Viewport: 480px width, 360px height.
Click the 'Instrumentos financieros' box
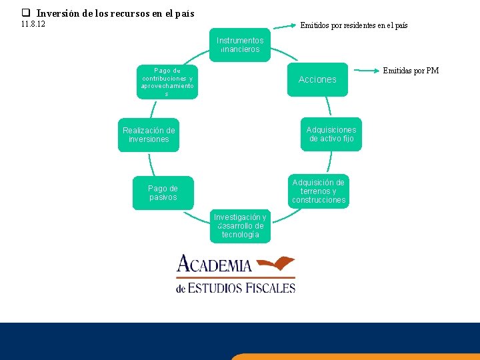(240, 45)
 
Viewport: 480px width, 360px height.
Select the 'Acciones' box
(317, 79)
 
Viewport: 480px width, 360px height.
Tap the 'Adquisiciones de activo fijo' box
(331, 134)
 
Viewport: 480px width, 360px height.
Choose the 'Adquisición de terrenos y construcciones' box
(319, 191)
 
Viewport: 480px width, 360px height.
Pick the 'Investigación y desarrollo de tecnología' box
(240, 226)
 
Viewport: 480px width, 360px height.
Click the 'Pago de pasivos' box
(163, 193)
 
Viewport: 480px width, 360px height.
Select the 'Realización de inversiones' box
(149, 135)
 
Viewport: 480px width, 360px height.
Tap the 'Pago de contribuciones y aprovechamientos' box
(167, 82)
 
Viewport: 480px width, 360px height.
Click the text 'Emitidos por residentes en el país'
(354, 26)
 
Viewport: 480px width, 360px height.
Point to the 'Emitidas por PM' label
(411, 71)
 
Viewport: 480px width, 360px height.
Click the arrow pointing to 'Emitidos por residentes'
(284, 27)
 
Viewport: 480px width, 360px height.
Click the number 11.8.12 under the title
(33, 25)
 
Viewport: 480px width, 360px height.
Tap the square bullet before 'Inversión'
(26, 13)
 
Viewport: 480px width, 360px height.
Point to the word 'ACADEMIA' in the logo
(214, 265)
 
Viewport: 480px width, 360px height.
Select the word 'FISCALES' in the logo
(267, 288)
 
